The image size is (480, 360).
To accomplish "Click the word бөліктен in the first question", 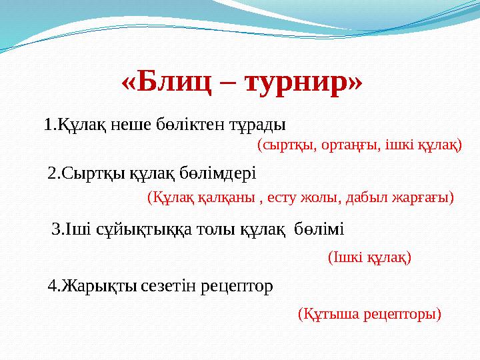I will click(x=191, y=125).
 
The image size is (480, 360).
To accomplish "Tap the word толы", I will click(x=214, y=231).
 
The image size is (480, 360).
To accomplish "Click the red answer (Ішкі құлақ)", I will click(x=370, y=257).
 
